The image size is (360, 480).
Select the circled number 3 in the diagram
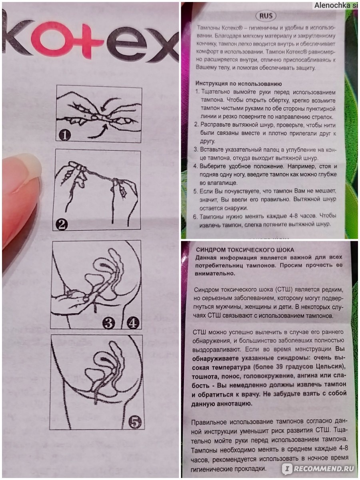[108, 322]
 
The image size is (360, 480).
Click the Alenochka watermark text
[336, 6]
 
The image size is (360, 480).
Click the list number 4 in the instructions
[197, 166]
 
